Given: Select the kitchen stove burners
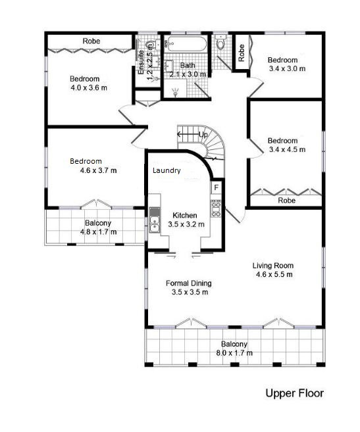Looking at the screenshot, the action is click(216, 208).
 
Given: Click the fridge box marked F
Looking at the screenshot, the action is click(216, 187).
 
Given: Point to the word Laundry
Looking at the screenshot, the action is click(167, 170).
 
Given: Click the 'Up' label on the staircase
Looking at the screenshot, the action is click(203, 134).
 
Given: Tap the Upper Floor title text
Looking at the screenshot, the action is click(294, 393).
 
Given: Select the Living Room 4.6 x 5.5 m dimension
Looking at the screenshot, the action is click(274, 274).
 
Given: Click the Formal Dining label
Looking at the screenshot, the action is click(189, 283).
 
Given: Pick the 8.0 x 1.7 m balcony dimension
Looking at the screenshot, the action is click(234, 353).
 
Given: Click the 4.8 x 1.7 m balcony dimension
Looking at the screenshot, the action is click(98, 232).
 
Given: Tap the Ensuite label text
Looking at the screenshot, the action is click(141, 62).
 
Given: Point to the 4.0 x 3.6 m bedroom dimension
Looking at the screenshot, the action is click(89, 88).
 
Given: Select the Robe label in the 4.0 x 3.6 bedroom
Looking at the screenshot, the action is click(91, 41).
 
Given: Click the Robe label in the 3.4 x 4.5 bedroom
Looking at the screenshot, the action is click(287, 201).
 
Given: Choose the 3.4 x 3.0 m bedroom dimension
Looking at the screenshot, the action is click(287, 68).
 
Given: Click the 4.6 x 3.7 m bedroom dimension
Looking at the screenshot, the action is click(98, 170).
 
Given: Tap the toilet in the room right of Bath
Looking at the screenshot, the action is click(220, 42).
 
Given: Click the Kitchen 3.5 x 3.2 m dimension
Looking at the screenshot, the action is click(186, 224).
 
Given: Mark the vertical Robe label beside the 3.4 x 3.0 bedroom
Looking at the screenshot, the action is click(242, 53).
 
